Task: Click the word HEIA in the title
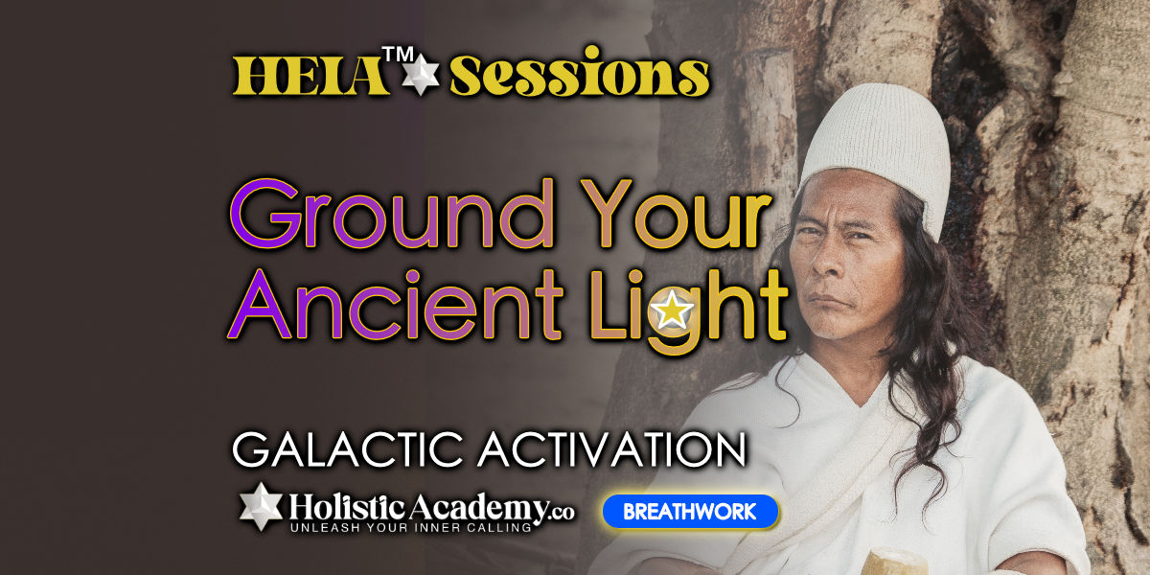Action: (x=310, y=76)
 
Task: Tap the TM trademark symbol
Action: (x=398, y=55)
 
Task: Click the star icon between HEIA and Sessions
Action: (x=421, y=75)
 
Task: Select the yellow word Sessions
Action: (x=580, y=72)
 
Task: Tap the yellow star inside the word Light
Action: (x=672, y=311)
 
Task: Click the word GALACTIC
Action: (x=348, y=449)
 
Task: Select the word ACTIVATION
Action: (x=612, y=449)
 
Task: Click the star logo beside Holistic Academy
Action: (x=262, y=506)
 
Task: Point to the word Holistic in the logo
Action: (x=348, y=508)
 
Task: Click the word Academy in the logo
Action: (x=477, y=509)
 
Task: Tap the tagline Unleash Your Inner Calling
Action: (x=411, y=528)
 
